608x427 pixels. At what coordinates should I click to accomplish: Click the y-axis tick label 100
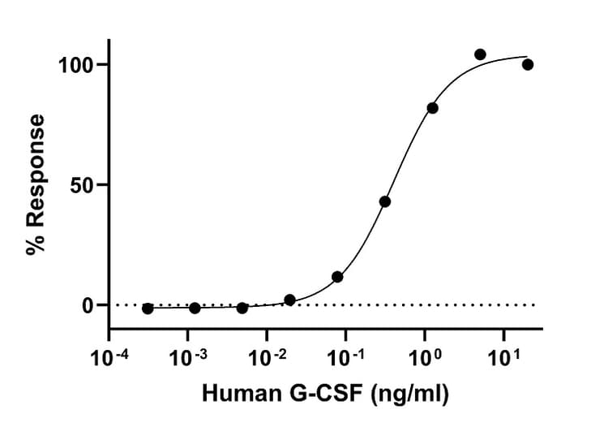77,65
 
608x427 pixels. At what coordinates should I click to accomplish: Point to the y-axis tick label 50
83,185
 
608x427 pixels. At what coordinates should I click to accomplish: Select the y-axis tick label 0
90,305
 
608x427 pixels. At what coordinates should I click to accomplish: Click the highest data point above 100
480,54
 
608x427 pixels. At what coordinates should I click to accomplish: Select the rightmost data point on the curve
528,65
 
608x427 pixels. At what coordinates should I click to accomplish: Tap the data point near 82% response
432,108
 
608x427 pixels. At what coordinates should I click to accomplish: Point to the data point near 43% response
385,201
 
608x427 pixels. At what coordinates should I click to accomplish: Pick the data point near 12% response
337,277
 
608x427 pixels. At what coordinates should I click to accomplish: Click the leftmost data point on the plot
148,308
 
